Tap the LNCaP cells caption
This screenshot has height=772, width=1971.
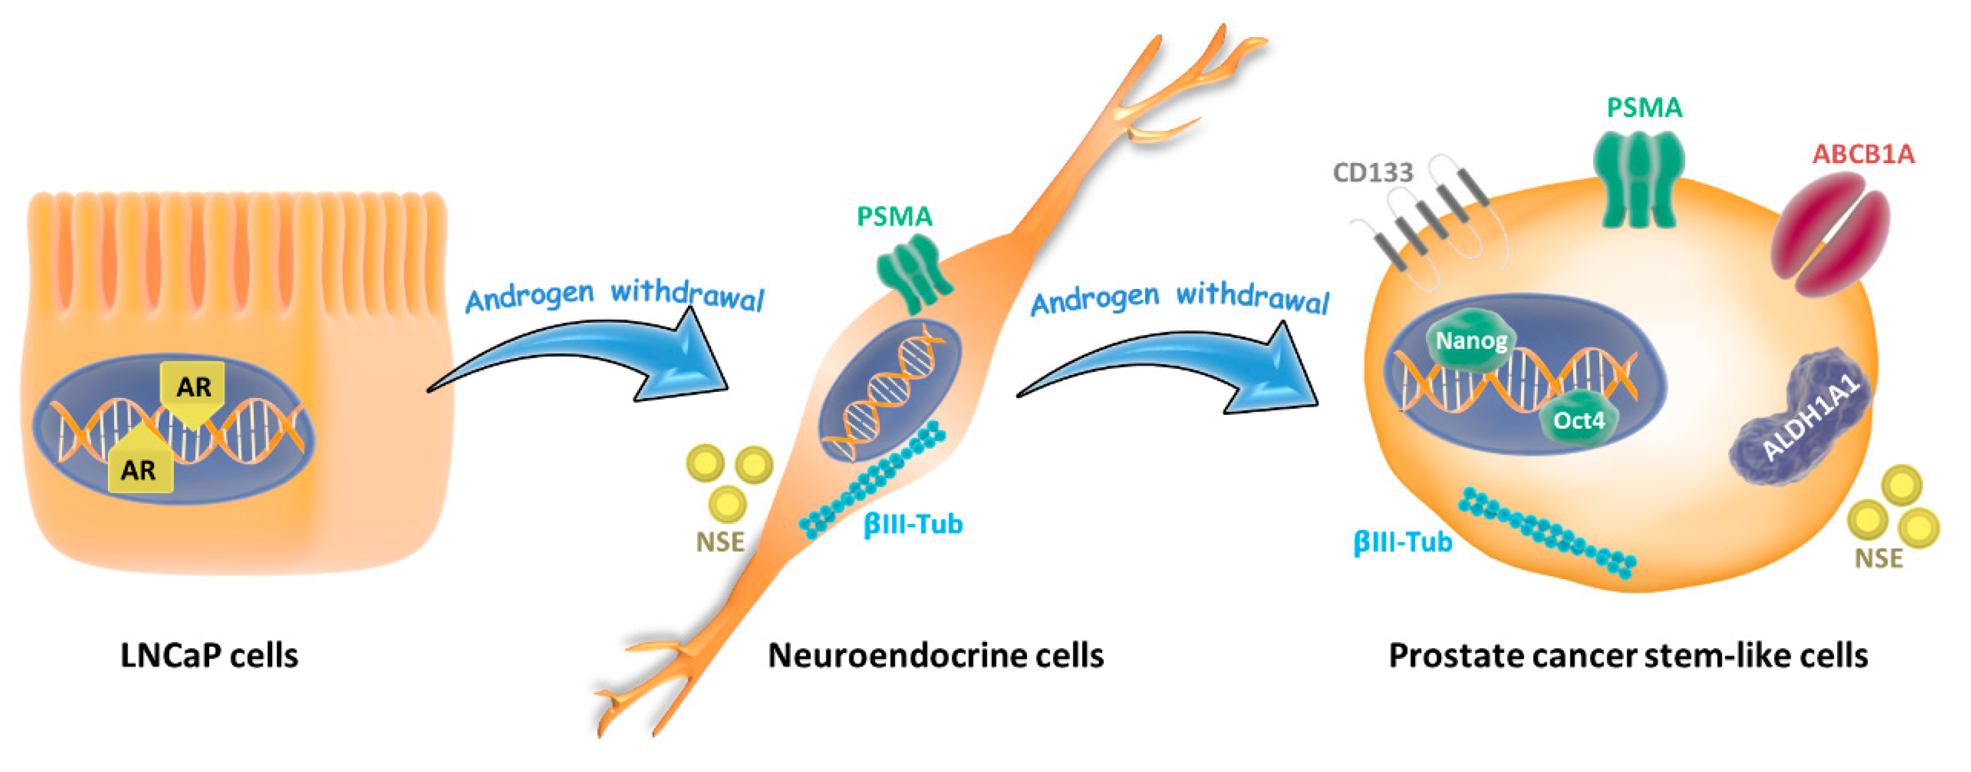point(209,656)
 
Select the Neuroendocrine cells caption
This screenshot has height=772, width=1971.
point(935,656)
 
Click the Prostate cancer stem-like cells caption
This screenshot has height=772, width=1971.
point(1627,656)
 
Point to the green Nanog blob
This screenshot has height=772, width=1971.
point(1470,341)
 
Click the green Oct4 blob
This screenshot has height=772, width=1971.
point(1578,419)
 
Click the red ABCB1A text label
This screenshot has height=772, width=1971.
point(1862,155)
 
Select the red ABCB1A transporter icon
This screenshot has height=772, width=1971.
point(1830,233)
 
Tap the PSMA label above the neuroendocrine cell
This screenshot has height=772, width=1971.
point(894,216)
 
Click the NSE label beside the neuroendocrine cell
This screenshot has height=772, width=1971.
point(719,541)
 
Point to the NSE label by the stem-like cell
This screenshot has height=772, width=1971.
point(1878,558)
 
